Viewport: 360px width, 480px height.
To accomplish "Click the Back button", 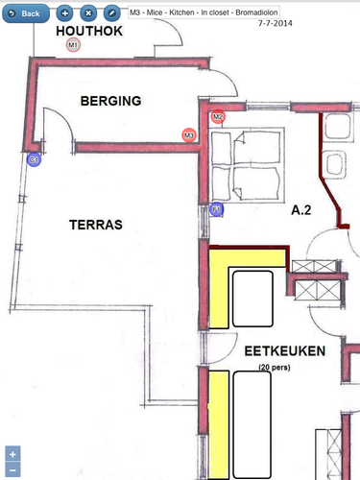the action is (x=26, y=13).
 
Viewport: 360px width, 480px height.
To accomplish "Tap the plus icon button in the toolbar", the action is (x=64, y=13).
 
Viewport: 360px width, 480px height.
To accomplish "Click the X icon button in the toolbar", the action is (x=88, y=13).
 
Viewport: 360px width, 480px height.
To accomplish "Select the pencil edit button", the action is (x=112, y=13).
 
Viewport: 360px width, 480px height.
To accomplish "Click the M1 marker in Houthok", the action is (x=73, y=45).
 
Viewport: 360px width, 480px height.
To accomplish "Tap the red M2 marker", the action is (x=218, y=116).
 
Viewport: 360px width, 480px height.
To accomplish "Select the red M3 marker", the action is (x=189, y=135).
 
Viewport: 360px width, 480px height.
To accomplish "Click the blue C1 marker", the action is (x=34, y=159).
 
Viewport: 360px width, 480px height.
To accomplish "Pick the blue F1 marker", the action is (x=217, y=209).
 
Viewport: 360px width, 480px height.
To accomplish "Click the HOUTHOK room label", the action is (x=89, y=31).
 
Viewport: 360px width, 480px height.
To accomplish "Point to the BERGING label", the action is (x=110, y=101).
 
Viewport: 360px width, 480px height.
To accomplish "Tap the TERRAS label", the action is (x=96, y=225).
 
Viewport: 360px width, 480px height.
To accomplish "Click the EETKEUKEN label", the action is (x=285, y=351).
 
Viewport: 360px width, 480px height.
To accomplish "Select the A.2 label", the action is (x=301, y=210).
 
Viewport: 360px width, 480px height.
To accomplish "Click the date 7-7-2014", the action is (x=276, y=23).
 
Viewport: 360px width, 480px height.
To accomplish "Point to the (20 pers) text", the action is (x=275, y=367).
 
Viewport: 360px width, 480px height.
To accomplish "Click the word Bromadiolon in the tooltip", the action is (x=256, y=12).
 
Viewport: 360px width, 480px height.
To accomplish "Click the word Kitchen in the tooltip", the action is (x=181, y=12).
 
